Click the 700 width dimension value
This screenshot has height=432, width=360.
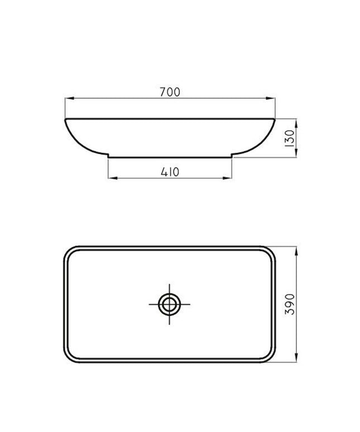(x=170, y=92)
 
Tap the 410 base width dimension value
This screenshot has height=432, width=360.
(x=170, y=172)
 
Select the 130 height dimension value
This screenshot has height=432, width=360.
(x=290, y=138)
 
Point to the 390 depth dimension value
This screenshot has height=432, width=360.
(x=290, y=304)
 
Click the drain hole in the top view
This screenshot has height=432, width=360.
(x=170, y=304)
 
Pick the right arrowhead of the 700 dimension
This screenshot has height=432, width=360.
(x=271, y=98)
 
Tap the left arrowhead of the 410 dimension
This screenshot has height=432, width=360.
(x=113, y=178)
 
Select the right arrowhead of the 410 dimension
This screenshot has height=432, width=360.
(x=227, y=178)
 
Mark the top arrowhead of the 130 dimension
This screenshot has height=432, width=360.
(x=296, y=123)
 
